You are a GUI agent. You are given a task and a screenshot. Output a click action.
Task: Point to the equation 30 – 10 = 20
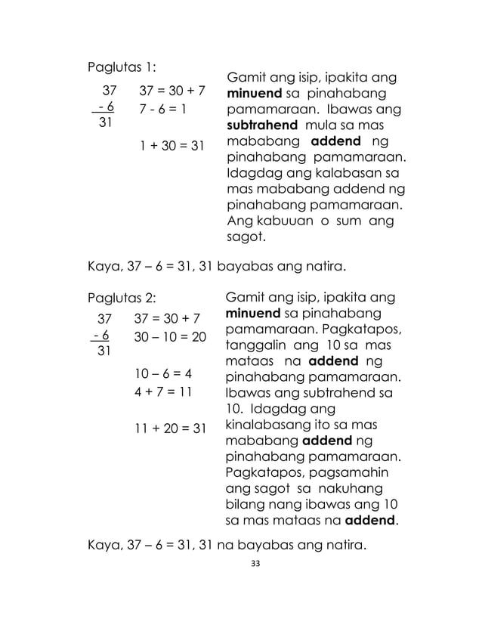[x=169, y=336]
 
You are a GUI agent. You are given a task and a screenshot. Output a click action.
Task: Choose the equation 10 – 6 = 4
[x=163, y=373]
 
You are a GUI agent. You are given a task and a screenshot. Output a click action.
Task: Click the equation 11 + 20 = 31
[x=169, y=428]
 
